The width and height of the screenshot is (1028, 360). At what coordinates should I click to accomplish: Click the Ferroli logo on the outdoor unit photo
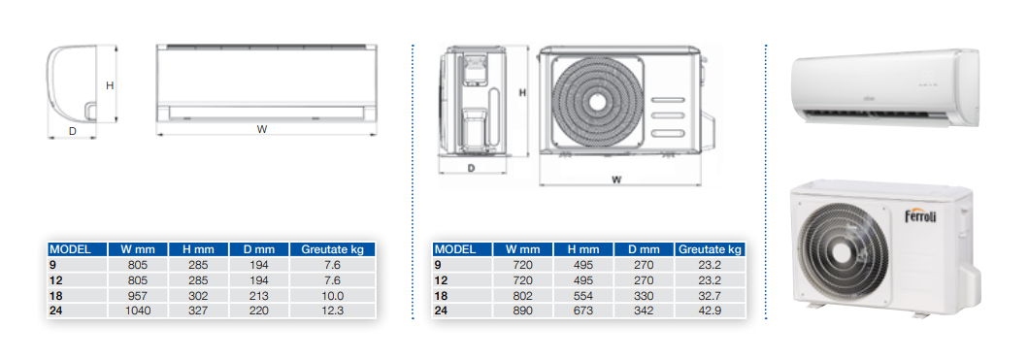coord(920,215)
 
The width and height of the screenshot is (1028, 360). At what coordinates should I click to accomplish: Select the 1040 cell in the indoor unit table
coord(138,311)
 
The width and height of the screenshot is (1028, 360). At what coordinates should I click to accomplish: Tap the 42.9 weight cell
coord(710,311)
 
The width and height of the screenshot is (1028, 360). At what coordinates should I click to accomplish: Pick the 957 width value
coord(138,295)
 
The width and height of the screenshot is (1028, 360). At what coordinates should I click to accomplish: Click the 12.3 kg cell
coord(332,311)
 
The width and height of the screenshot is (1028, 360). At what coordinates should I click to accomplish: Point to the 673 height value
coord(582,311)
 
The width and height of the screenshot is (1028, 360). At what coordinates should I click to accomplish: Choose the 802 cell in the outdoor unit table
coord(522,295)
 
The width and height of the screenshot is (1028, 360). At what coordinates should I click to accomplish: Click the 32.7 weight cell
coord(710,295)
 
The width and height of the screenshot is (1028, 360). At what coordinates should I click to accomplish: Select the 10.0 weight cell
coord(332,295)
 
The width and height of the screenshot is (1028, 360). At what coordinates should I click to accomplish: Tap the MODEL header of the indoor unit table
coord(69,249)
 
